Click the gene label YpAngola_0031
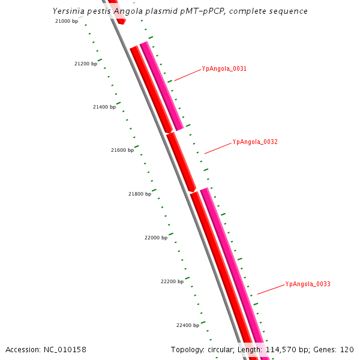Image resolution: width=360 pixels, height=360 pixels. [x=224, y=68]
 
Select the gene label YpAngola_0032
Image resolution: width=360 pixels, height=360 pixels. [x=254, y=142]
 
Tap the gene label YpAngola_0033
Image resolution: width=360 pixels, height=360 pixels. [x=308, y=284]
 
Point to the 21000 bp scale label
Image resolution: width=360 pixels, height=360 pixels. [x=67, y=21]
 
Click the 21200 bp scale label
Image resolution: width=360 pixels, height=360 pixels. [x=85, y=64]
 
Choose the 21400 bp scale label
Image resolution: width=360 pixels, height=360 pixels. [x=104, y=107]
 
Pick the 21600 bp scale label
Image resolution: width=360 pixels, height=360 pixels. [x=122, y=150]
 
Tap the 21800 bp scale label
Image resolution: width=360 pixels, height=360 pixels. [x=140, y=194]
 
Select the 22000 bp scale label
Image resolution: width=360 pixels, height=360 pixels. [x=156, y=238]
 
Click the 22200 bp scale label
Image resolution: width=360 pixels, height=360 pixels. [x=172, y=281]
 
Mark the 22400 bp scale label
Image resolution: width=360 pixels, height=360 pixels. [x=188, y=325]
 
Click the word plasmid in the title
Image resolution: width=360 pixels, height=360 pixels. [x=164, y=11]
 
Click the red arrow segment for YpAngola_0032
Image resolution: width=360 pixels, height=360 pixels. [x=181, y=162]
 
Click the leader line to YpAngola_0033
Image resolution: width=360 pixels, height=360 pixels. [x=271, y=289]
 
